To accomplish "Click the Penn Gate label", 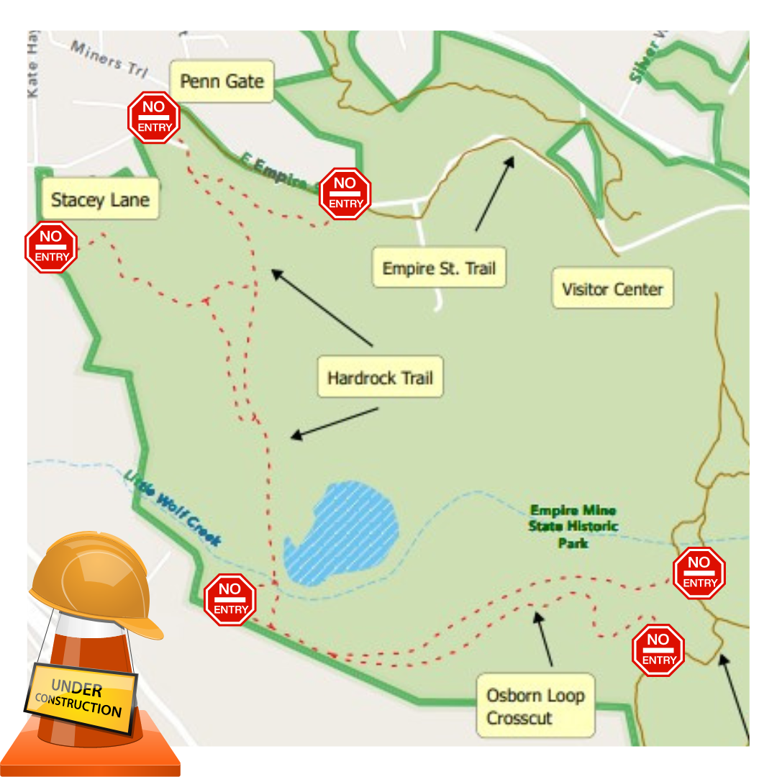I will pyautogui.click(x=222, y=81).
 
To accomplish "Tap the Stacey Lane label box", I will pyautogui.click(x=100, y=199).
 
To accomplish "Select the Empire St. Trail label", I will pyautogui.click(x=439, y=268).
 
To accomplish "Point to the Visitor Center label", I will pyautogui.click(x=612, y=289).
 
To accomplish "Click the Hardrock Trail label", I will pyautogui.click(x=380, y=378).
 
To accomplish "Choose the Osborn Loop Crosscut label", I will pyautogui.click(x=535, y=706).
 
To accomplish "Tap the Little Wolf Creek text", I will pyautogui.click(x=173, y=507).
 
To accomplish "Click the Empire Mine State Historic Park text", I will pyautogui.click(x=573, y=526).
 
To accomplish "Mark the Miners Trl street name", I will pyautogui.click(x=108, y=60).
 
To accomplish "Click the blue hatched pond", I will pyautogui.click(x=341, y=532).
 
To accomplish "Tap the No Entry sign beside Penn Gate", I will pyautogui.click(x=154, y=117).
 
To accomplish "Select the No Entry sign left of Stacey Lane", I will pyautogui.click(x=51, y=247).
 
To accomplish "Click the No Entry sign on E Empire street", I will pyautogui.click(x=345, y=194).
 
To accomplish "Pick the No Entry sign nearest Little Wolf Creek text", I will pyautogui.click(x=230, y=599).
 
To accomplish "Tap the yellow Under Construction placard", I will pyautogui.click(x=81, y=699).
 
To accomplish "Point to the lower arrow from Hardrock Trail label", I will pyautogui.click(x=334, y=423).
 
